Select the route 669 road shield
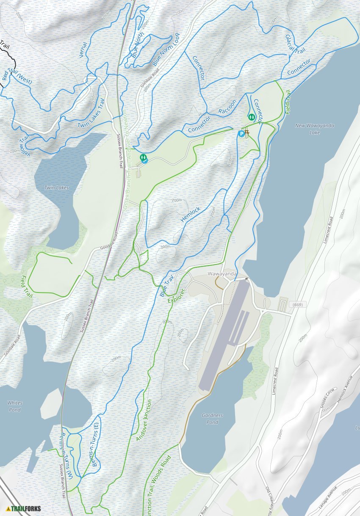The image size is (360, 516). (x=296, y=305)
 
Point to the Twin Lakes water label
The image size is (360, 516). (x=56, y=188)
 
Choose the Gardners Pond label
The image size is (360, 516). (x=212, y=419)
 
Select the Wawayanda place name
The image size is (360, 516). (x=222, y=274)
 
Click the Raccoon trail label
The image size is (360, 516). (x=227, y=107)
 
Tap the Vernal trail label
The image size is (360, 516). (x=83, y=50)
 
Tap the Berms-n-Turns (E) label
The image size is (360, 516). (x=94, y=444)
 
